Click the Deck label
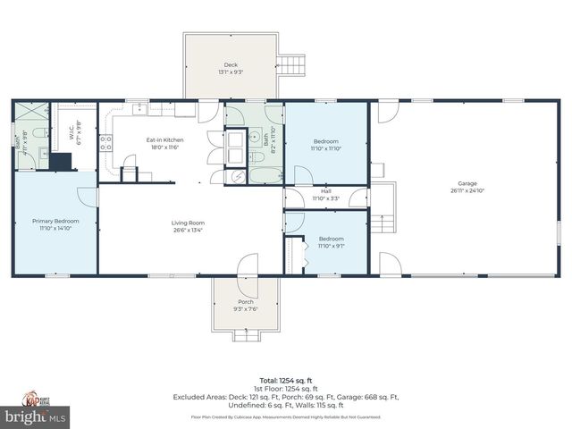231,63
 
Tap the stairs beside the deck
290,64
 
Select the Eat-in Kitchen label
164,140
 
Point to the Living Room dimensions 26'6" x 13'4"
188,230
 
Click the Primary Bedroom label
55,221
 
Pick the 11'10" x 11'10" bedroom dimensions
325,148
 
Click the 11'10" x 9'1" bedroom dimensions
331,246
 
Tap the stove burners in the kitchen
105,140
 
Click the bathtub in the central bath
265,174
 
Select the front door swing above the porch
247,263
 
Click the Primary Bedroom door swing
88,197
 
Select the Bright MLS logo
36,416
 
